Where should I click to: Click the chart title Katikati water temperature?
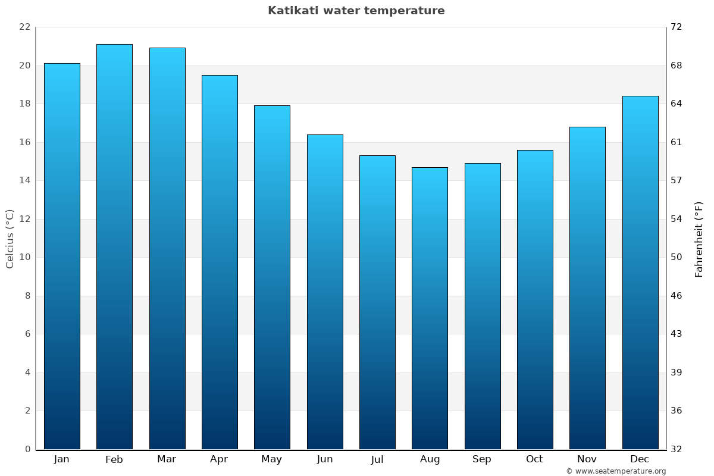356,11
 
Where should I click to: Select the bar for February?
114,247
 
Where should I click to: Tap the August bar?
430,308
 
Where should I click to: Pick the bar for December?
640,273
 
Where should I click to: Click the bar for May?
272,277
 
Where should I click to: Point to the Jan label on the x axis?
61,459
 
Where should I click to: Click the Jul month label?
377,459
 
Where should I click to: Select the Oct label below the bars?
534,459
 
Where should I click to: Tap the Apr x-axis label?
219,459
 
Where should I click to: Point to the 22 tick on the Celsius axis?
24,27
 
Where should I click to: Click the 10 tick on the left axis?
24,257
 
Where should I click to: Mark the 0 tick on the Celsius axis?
27,449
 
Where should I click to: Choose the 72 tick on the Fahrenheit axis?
677,27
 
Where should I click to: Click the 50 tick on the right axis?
677,257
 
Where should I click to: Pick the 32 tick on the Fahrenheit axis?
677,449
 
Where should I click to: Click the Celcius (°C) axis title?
10,239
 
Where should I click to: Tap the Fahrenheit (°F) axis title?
699,239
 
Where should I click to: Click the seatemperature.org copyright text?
616,471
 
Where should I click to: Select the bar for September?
483,306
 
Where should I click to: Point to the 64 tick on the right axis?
677,104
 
